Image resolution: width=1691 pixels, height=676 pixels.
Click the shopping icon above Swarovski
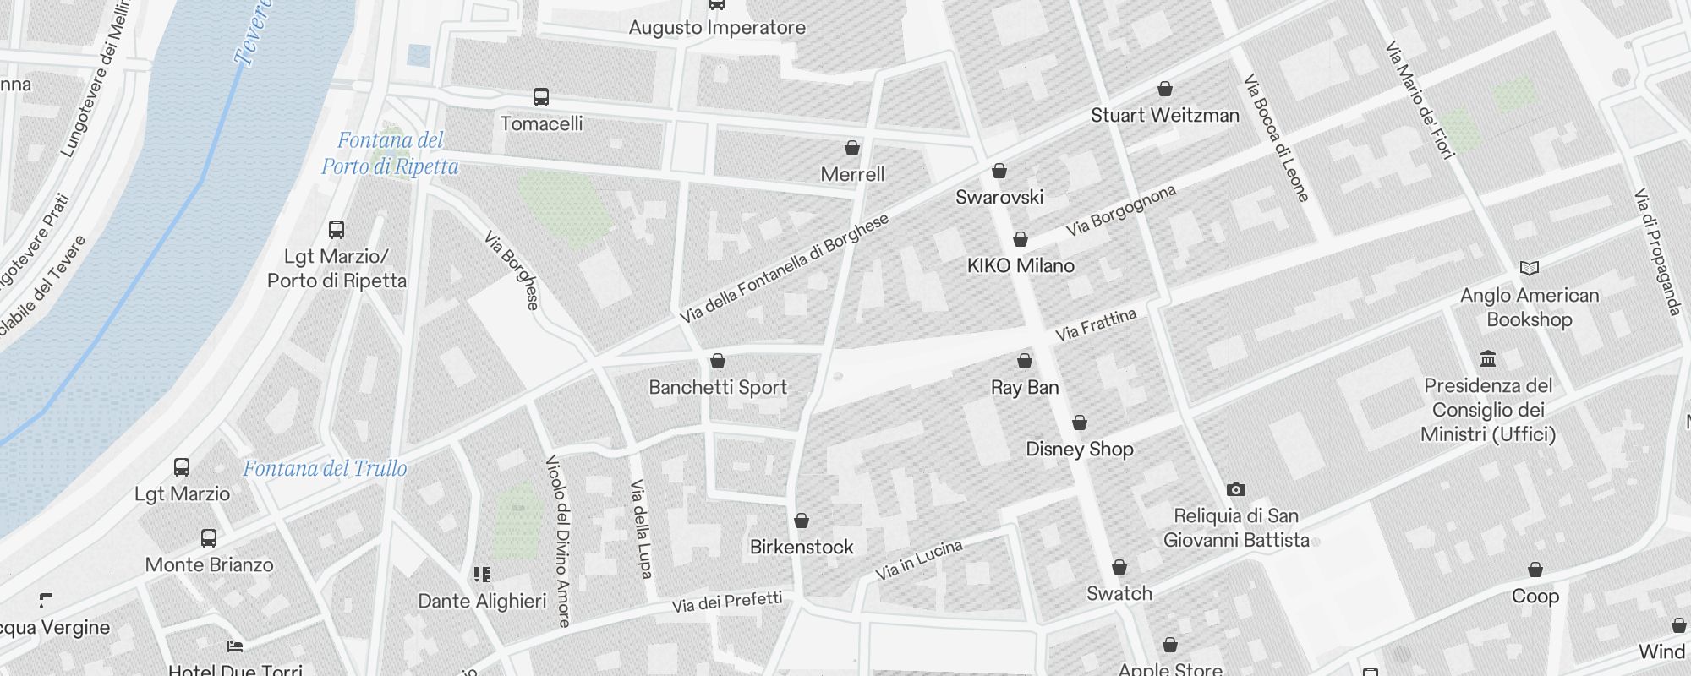[x=999, y=172]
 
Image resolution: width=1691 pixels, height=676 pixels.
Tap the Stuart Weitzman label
[x=1164, y=116]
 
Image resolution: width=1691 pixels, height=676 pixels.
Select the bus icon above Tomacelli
[x=541, y=97]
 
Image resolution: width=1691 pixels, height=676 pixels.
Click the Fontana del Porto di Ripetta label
[x=390, y=153]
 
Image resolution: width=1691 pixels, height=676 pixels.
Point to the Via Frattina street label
[x=1096, y=325]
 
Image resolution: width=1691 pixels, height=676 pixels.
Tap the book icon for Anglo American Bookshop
[x=1529, y=269]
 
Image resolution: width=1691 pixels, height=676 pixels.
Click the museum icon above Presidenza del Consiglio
[x=1488, y=359]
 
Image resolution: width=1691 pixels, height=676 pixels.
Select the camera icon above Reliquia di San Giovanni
[x=1235, y=489]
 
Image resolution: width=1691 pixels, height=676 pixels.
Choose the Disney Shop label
[x=1079, y=450]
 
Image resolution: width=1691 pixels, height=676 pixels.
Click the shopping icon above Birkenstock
[x=802, y=521]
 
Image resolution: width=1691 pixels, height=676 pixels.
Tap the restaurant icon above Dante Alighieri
[x=482, y=575]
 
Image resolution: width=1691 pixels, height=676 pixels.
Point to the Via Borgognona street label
[x=1120, y=210]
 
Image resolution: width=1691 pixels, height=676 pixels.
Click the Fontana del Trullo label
[x=325, y=469]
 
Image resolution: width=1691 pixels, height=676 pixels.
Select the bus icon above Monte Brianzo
[x=209, y=537]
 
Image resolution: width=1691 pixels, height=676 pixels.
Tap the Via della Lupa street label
[x=641, y=529]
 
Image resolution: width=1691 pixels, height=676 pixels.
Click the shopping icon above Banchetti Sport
[x=718, y=362]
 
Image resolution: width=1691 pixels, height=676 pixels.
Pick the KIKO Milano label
[x=1021, y=266]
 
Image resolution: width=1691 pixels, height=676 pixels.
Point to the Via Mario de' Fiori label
[x=1420, y=100]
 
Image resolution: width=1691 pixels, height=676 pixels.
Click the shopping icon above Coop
[x=1535, y=570]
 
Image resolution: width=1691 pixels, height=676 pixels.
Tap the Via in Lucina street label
[x=919, y=560]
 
